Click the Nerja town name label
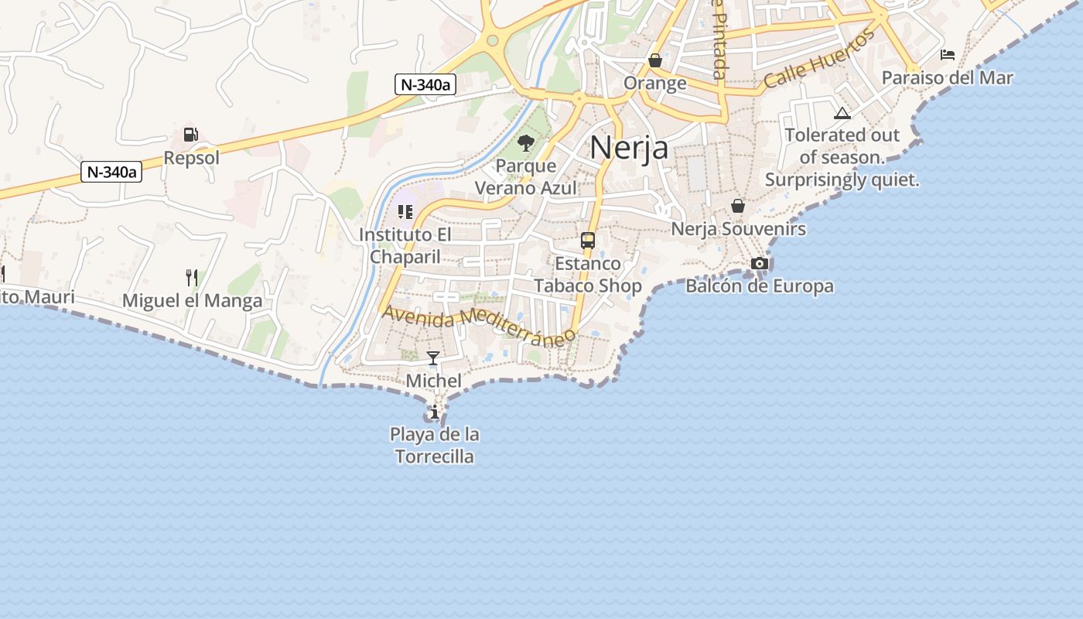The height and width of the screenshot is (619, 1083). pos(629,147)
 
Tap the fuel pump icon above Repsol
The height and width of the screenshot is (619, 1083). pos(190,135)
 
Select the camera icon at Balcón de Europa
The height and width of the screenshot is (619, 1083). pos(760,264)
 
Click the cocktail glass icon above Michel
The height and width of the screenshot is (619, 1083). pos(433,358)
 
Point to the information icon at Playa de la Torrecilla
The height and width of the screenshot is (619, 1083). pos(435,412)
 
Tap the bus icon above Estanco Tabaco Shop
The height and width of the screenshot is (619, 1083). pos(588,241)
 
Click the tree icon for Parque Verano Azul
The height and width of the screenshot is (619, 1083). pos(526,142)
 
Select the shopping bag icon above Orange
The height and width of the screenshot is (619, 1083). pos(655,60)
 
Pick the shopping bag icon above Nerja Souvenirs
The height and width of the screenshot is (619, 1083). pos(738,206)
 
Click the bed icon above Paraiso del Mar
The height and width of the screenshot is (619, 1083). pos(948,55)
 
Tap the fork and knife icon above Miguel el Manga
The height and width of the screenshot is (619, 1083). pos(192,277)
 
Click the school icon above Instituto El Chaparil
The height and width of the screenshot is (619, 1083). pos(405,211)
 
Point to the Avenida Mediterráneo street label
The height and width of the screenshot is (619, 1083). pos(479,323)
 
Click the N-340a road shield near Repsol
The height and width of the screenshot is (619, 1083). pos(112,172)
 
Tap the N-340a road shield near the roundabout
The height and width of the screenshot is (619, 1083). pos(425,84)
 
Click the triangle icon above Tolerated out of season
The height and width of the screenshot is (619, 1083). pos(842,114)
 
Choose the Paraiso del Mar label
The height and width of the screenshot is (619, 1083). pos(948,78)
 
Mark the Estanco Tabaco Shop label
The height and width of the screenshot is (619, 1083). pos(588,275)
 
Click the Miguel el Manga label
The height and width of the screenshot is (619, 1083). pos(193,301)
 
